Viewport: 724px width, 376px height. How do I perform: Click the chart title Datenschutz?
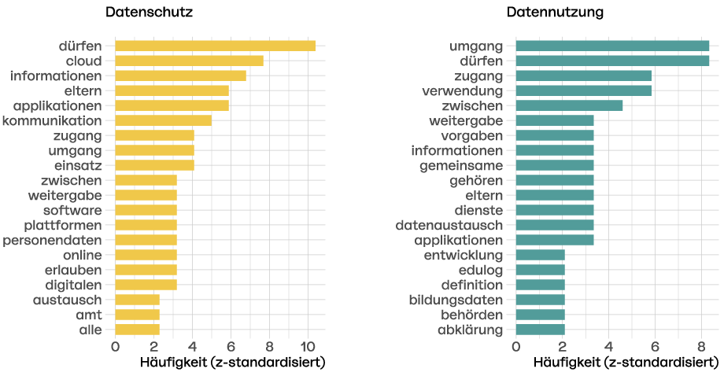149,13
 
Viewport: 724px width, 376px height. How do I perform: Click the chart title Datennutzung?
555,13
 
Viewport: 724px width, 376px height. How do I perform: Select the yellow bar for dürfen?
215,46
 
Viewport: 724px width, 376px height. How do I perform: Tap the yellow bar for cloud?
189,61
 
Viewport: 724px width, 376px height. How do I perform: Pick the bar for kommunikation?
163,120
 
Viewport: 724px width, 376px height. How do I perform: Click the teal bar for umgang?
612,46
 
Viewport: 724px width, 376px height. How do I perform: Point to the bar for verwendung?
583,90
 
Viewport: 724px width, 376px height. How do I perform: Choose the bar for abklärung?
540,330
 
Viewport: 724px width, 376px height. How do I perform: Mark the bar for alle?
137,330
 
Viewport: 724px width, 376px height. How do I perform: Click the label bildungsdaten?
456,300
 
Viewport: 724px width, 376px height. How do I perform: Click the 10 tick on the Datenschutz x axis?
308,347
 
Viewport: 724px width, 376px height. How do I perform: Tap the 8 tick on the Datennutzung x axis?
701,347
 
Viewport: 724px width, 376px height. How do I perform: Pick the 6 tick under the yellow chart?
231,347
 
